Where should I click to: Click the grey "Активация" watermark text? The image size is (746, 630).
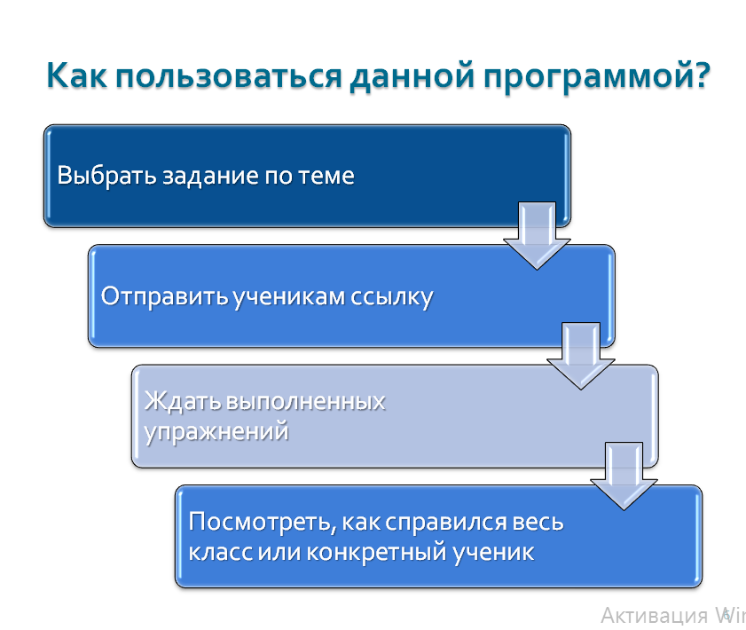pos(654,615)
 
